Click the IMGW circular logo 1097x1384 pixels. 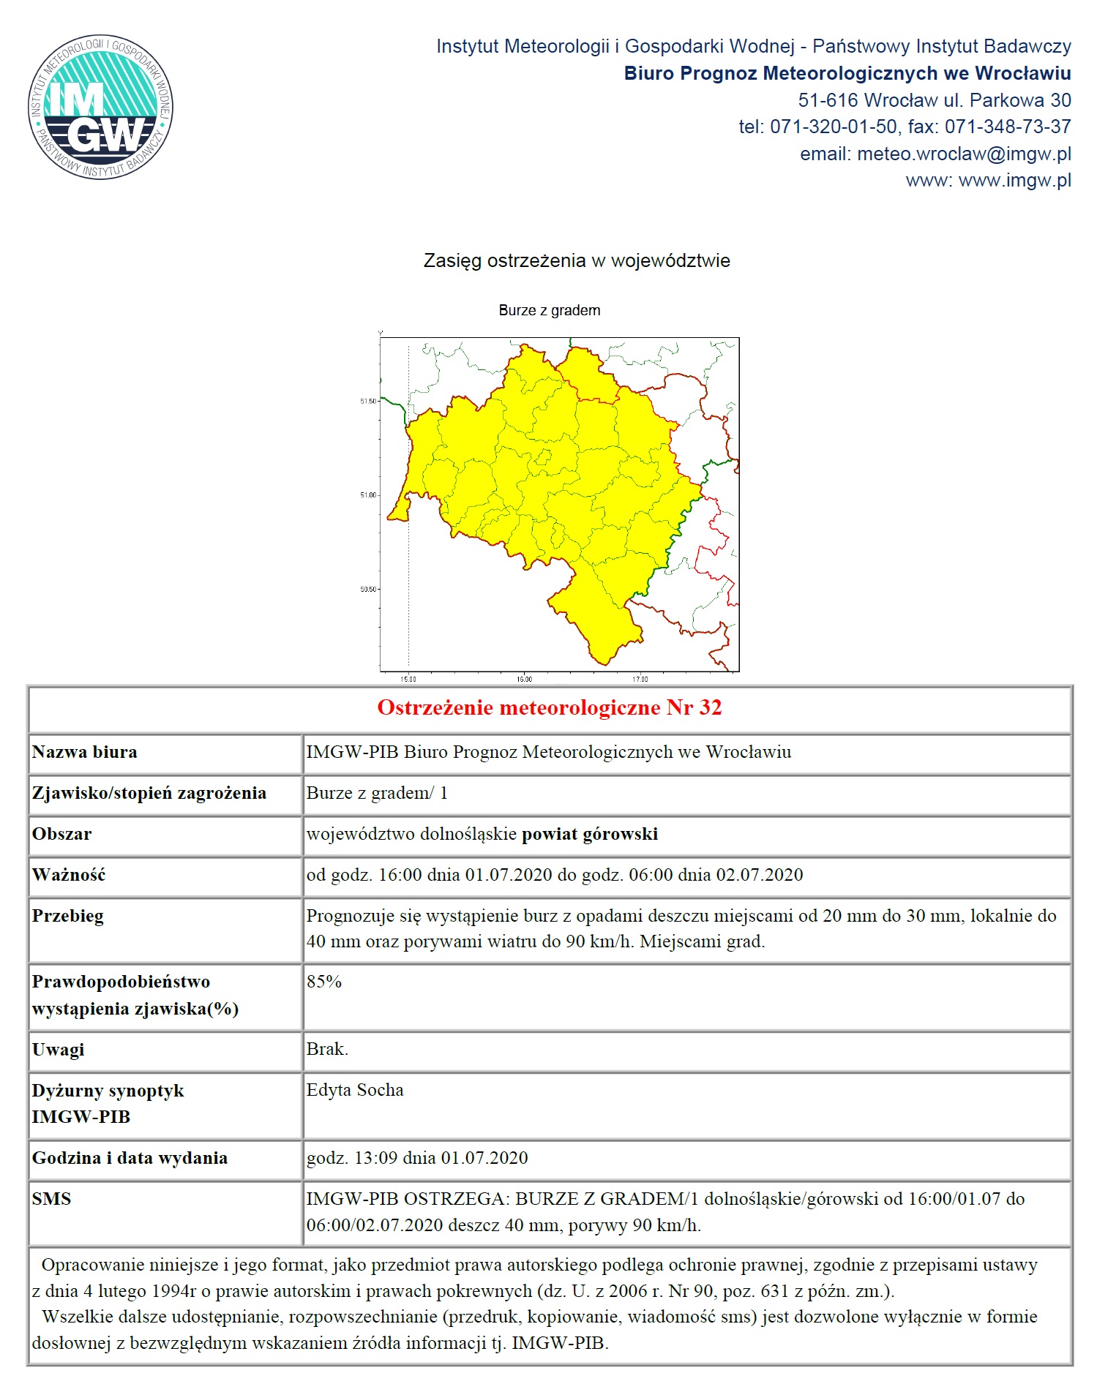coord(101,107)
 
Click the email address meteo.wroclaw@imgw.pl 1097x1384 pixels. coord(964,154)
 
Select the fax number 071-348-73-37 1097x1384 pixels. coord(1008,127)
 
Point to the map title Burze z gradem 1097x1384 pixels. coord(549,310)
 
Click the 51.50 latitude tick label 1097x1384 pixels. coord(368,401)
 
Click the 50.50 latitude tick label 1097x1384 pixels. coord(368,589)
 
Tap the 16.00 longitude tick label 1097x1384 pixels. coord(524,680)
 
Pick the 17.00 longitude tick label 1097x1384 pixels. coord(640,680)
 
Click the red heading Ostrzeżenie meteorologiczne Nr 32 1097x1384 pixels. coord(549,707)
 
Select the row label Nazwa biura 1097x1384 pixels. coord(84,752)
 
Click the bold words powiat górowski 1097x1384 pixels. coord(589,834)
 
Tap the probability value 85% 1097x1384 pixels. coord(324,982)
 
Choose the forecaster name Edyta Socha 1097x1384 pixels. coord(355,1090)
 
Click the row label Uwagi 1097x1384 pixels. coord(58,1049)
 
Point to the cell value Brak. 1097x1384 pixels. coord(327,1049)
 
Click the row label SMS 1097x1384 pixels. coord(51,1199)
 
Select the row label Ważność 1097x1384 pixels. coord(69,875)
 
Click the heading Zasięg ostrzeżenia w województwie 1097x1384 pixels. coord(577,261)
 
